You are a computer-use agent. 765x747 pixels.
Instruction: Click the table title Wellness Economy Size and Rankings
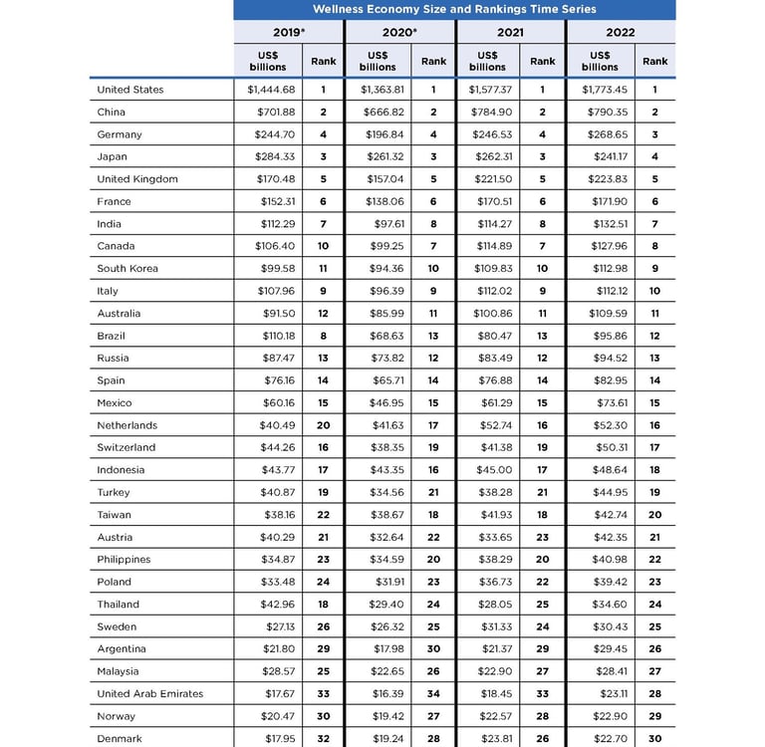point(454,9)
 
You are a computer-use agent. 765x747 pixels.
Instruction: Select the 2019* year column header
point(289,33)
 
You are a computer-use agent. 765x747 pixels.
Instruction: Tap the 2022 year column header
point(620,33)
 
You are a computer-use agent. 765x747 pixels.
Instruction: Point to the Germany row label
point(120,134)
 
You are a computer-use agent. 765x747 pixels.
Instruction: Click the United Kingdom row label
point(137,179)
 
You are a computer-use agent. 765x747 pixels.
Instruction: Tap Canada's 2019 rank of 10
point(324,246)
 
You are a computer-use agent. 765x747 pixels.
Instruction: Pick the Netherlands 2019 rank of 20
point(324,425)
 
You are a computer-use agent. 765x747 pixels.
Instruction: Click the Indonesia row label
point(121,470)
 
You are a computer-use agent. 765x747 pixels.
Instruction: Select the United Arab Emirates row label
point(149,693)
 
